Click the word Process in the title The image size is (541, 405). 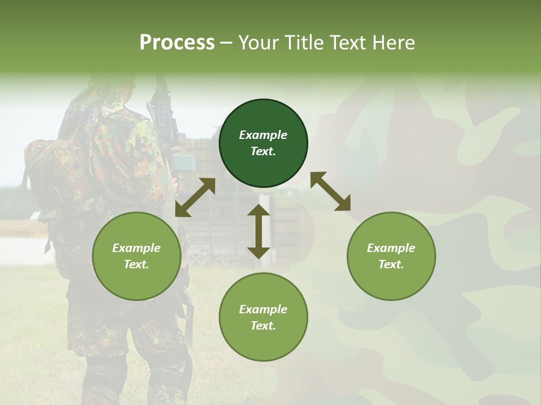[177, 43]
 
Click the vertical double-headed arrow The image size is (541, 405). [259, 231]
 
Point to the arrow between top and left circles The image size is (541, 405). [195, 197]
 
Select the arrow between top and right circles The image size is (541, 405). [330, 191]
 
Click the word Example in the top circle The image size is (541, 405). [263, 135]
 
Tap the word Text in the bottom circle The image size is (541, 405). [263, 326]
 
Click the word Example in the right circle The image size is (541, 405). [391, 248]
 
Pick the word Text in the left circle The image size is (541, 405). [136, 264]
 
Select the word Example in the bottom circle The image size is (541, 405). [263, 309]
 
